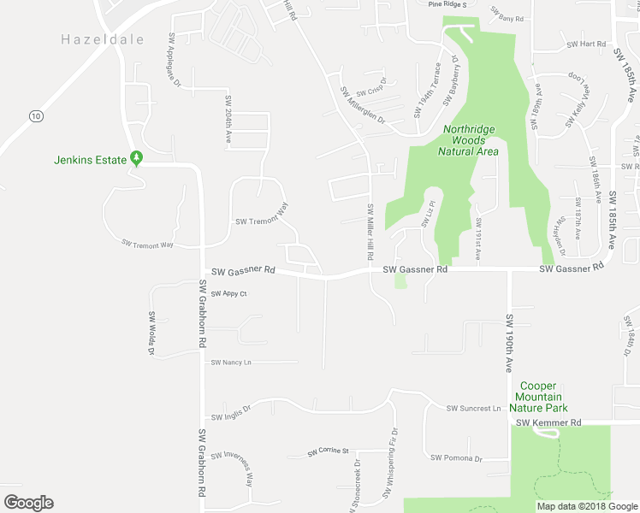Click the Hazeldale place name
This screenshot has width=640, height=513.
click(102, 39)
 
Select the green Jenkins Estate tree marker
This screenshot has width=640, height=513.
click(135, 159)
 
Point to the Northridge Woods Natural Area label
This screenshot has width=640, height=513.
click(468, 140)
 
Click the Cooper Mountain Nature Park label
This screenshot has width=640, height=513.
click(541, 397)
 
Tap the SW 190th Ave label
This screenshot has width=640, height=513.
click(507, 343)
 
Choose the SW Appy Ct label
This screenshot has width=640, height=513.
click(228, 294)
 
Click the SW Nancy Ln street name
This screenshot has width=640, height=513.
click(231, 363)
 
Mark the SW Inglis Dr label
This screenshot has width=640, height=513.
click(231, 413)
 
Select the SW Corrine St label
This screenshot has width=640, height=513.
click(329, 451)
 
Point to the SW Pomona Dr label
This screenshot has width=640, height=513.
click(456, 458)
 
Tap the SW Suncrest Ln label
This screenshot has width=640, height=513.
click(472, 409)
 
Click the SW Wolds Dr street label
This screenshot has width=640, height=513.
click(151, 333)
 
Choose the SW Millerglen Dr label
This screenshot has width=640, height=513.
click(362, 105)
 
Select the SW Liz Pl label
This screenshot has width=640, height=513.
click(428, 214)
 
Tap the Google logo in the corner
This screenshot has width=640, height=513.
click(28, 502)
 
